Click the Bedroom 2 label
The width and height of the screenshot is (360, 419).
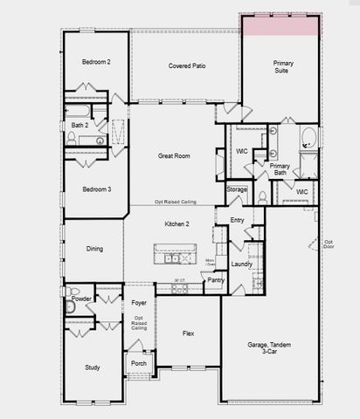96,62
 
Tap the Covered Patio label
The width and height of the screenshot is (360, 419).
186,66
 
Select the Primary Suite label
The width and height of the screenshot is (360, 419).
283,67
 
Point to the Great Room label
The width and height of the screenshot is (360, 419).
174,156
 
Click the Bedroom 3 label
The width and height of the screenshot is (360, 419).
97,189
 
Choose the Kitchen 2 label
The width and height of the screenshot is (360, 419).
177,224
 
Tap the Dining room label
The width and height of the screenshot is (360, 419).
94,249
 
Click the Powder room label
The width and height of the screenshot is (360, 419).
82,299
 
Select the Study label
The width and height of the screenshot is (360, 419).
93,367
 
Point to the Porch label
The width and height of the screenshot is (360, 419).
139,363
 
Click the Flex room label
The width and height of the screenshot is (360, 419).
188,333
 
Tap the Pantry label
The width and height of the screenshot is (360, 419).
216,280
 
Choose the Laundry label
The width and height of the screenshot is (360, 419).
242,264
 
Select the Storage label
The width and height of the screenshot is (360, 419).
237,189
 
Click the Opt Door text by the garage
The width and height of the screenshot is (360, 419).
329,244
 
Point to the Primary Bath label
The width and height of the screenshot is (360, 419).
280,168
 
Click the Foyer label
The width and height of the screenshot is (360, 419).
139,303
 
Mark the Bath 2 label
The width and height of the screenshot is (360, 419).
79,125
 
